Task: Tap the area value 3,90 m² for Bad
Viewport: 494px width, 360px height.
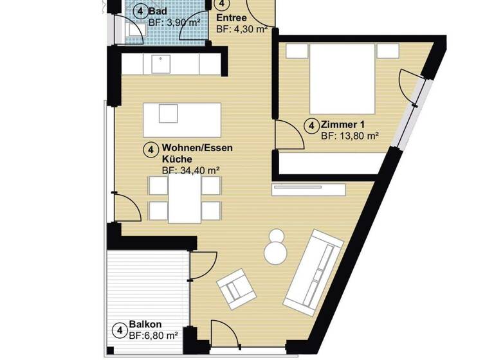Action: point(174,22)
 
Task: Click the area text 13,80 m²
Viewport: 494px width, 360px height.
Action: point(349,136)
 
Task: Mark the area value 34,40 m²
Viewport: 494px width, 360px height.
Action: point(191,170)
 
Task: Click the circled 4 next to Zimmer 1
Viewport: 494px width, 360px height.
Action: point(311,125)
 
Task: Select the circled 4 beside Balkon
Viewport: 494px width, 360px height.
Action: point(119,330)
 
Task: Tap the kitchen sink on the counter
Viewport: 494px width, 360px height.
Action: point(159,64)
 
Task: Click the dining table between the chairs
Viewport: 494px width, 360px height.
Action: point(185,199)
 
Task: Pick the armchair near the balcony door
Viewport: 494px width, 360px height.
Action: point(236,287)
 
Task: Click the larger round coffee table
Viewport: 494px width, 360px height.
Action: point(277,252)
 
